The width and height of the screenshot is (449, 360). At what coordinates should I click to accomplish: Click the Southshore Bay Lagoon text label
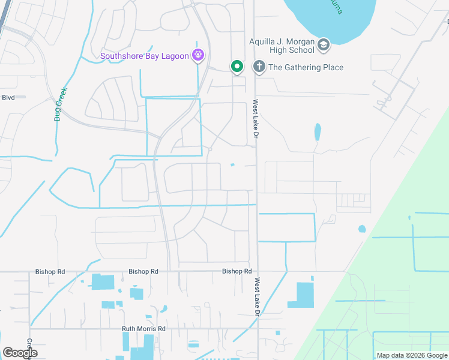[145, 57]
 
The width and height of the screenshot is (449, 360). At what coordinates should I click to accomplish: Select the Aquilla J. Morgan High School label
[282, 46]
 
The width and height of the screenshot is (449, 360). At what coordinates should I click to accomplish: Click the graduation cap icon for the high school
[324, 45]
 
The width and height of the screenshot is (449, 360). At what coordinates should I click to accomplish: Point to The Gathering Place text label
[306, 67]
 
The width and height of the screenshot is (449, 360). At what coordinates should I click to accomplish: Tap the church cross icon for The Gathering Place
[259, 67]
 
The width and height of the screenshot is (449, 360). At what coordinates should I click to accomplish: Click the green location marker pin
[237, 67]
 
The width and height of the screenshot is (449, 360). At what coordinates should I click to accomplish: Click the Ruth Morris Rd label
[143, 329]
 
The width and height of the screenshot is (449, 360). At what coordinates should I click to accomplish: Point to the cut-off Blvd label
[8, 97]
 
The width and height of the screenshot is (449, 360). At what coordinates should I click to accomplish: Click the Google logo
[20, 352]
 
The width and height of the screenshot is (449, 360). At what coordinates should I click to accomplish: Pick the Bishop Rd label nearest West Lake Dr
[237, 271]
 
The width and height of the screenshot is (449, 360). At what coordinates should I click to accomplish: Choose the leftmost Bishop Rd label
[50, 272]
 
